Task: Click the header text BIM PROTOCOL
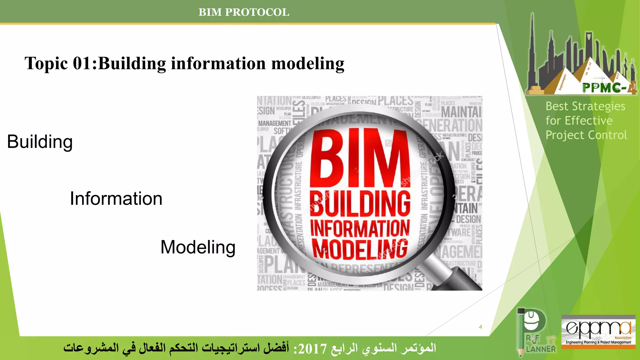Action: [x=244, y=12]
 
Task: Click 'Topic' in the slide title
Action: [x=46, y=63]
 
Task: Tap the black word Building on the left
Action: [x=40, y=142]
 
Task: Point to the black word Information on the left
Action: [x=116, y=199]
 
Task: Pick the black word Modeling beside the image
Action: [x=198, y=247]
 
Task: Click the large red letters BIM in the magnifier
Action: [x=359, y=158]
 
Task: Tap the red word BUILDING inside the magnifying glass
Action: [x=360, y=204]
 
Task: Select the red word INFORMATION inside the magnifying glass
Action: [x=360, y=228]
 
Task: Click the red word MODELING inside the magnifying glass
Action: [x=360, y=249]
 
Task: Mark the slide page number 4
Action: [x=480, y=327]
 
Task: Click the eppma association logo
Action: [x=598, y=332]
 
